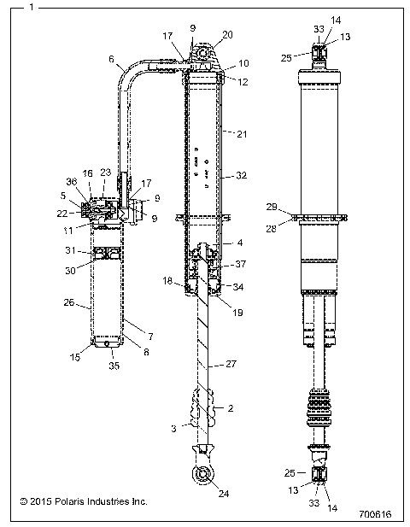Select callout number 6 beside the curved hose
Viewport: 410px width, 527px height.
111,59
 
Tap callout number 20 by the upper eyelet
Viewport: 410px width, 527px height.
226,36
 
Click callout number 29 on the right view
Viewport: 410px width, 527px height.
271,208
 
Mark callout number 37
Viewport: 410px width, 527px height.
242,263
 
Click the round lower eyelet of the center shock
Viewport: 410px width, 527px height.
204,475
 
